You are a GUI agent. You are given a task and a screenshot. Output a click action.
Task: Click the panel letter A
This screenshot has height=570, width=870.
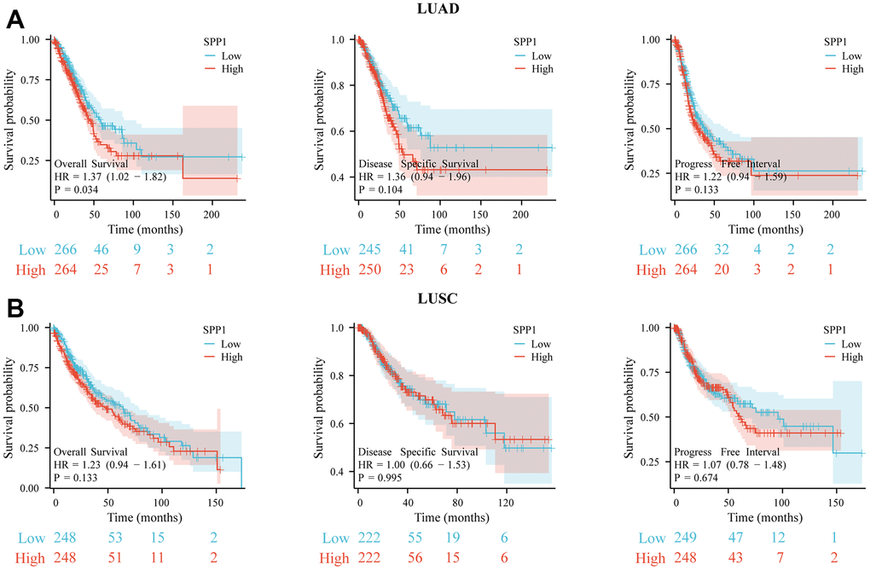[14, 18]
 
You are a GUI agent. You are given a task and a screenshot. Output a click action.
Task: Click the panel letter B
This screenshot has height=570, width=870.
[14, 307]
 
